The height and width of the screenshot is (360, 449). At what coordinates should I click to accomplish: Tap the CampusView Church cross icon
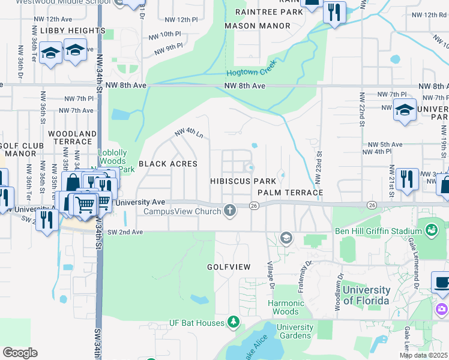(229, 209)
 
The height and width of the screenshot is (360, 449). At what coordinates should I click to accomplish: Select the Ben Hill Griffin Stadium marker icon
(431, 229)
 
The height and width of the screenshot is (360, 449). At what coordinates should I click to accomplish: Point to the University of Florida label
(366, 295)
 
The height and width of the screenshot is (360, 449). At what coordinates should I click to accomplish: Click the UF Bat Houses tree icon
(233, 323)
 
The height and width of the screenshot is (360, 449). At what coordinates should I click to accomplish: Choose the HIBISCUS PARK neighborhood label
(243, 181)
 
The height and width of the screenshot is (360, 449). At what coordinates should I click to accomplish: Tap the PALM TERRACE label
(291, 192)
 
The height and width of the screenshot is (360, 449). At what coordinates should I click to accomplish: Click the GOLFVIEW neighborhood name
(229, 266)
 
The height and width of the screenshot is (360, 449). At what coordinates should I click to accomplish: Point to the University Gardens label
(295, 331)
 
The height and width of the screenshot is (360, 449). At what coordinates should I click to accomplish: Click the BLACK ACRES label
(168, 163)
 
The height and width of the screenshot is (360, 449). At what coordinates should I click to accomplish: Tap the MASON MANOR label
(258, 26)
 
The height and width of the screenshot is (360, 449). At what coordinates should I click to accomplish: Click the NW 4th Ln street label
(188, 132)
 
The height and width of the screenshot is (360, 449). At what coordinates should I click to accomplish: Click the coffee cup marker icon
(442, 282)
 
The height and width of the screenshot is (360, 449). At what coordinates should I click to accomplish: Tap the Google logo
(20, 353)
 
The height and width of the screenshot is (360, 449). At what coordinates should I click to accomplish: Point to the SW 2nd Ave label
(125, 232)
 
